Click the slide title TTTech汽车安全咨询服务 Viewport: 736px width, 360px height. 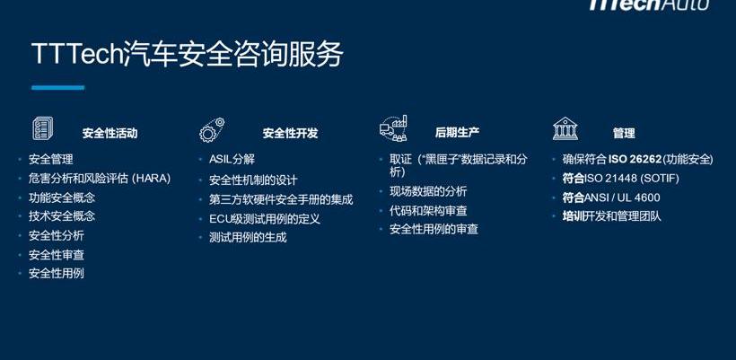pyautogui.click(x=188, y=55)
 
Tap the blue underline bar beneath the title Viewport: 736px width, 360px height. pyautogui.click(x=57, y=87)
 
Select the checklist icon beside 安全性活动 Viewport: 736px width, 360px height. pyautogui.click(x=43, y=128)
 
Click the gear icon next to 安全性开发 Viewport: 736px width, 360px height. pyautogui.click(x=212, y=130)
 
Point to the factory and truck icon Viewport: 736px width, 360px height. pyautogui.click(x=393, y=128)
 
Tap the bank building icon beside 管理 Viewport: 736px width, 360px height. pyautogui.click(x=565, y=128)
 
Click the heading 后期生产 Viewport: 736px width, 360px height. pyautogui.click(x=457, y=133)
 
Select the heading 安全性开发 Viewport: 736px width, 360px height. pyautogui.click(x=290, y=133)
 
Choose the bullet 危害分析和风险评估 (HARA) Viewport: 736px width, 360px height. pyautogui.click(x=100, y=179)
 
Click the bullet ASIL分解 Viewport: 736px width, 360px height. pyautogui.click(x=232, y=159)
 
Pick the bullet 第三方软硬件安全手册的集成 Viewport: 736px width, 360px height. pyautogui.click(x=281, y=199)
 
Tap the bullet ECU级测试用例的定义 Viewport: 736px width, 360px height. pyautogui.click(x=265, y=219)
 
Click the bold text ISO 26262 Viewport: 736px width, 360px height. pyautogui.click(x=635, y=160)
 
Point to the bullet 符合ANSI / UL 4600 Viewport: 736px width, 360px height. pyautogui.click(x=611, y=198)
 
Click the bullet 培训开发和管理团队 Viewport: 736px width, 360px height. pyautogui.click(x=611, y=216)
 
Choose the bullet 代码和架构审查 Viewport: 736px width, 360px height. pyautogui.click(x=428, y=211)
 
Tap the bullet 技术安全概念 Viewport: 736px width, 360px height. pyautogui.click(x=62, y=215)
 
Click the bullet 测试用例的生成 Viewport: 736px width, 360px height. pyautogui.click(x=248, y=238)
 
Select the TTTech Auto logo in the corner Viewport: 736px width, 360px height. pyautogui.click(x=648, y=4)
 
